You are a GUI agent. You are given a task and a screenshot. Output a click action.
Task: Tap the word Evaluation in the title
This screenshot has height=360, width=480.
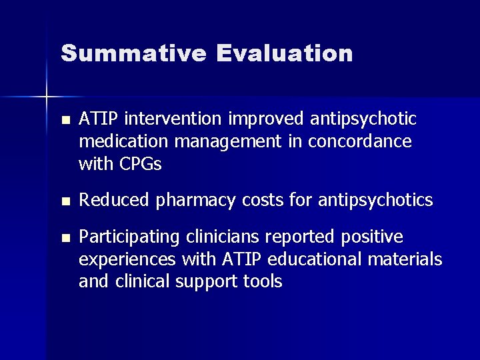pos(285,53)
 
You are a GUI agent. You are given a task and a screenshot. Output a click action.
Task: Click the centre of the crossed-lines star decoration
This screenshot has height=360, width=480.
pos(47,97)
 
